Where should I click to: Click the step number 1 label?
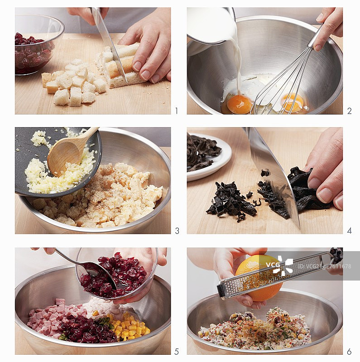[x=177, y=111]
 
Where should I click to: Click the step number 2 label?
[x=350, y=111]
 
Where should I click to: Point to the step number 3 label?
[x=177, y=231]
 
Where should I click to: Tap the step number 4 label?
[x=350, y=231]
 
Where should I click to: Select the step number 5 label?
[x=177, y=352]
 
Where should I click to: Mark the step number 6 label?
[x=349, y=352]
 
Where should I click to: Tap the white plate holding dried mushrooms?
[x=209, y=157]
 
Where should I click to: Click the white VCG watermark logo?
[x=279, y=266]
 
